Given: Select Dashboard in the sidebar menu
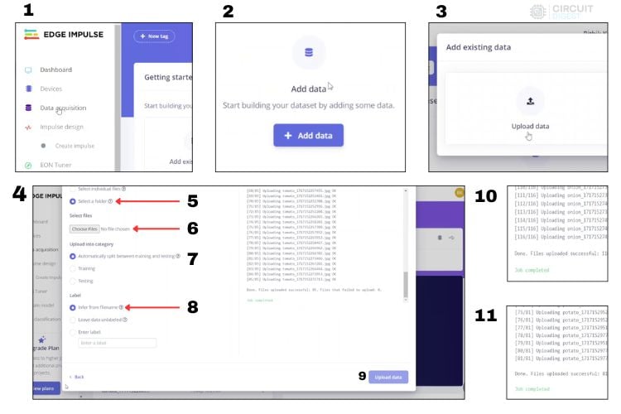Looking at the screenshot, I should point(55,70).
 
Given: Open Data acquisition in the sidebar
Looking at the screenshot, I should point(62,108).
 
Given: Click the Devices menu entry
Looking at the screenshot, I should point(51,89).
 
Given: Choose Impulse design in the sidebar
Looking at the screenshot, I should point(62,128).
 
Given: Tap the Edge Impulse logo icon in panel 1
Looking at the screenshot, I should point(30,35).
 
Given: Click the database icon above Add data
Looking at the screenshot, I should point(308,53).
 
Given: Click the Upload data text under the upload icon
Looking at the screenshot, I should point(530,126).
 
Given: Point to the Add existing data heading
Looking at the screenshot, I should point(479,47).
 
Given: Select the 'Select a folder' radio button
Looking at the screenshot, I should point(73,201).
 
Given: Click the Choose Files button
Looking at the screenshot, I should point(84,229).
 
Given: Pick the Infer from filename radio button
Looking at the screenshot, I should point(73,306).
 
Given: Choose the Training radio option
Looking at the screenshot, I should point(73,268).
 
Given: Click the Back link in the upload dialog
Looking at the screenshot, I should point(76,376).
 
